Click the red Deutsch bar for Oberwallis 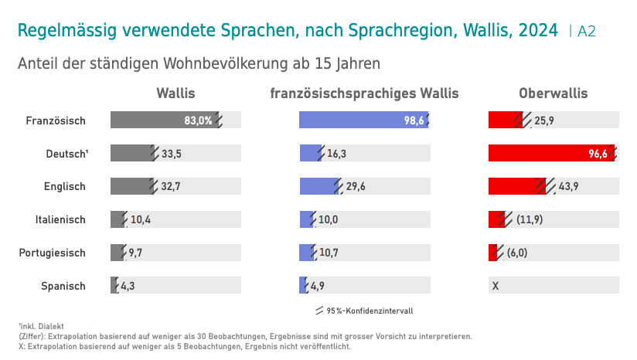[x=552, y=153]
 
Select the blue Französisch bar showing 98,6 [x=363, y=120]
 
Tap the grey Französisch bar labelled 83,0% [x=165, y=120]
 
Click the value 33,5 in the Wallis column [x=172, y=154]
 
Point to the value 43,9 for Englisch [x=568, y=186]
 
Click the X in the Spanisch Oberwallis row [x=496, y=286]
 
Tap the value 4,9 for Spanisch [x=317, y=286]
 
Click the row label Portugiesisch [x=52, y=253]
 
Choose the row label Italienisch [x=60, y=219]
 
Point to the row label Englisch [x=65, y=187]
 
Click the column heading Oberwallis [x=554, y=93]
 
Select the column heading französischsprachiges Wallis [x=364, y=93]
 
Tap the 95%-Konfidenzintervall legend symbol [x=320, y=311]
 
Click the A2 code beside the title [x=587, y=31]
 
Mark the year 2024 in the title [x=538, y=30]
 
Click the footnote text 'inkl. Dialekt [x=41, y=326]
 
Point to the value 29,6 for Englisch [x=356, y=186]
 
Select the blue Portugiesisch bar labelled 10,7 [x=307, y=253]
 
